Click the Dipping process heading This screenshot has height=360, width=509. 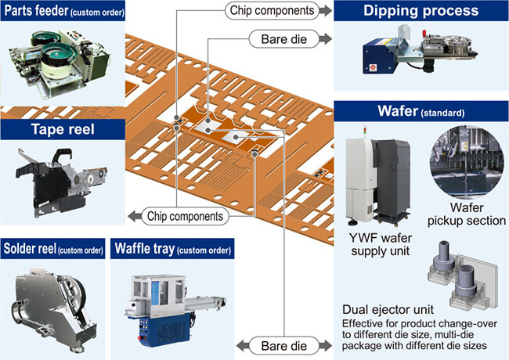421,11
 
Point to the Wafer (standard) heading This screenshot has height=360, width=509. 421,111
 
